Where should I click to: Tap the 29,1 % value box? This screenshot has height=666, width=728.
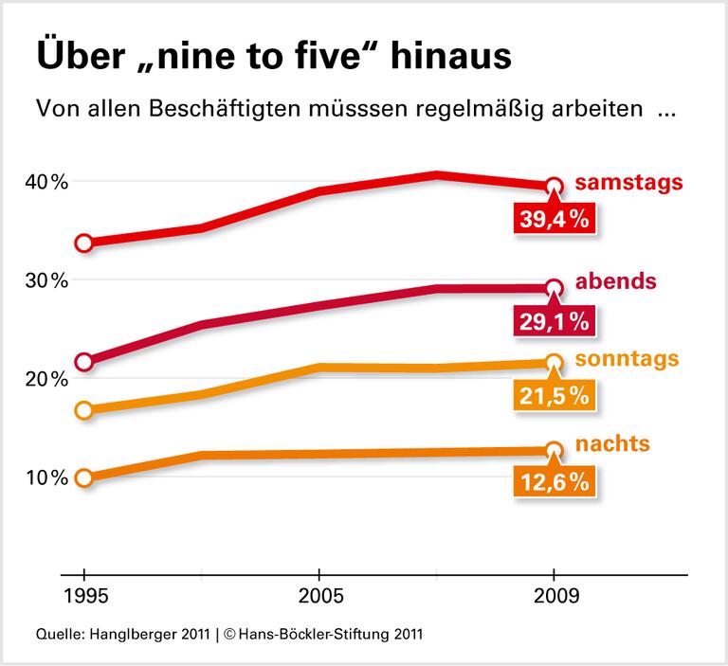pyautogui.click(x=555, y=321)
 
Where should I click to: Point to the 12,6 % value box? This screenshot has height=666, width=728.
pyautogui.click(x=555, y=482)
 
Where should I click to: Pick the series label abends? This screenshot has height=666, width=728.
pyautogui.click(x=617, y=282)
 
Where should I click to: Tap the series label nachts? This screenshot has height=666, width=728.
pyautogui.click(x=612, y=443)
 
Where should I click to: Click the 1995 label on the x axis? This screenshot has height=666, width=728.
pyautogui.click(x=84, y=599)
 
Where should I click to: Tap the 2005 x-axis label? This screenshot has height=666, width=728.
pyautogui.click(x=319, y=599)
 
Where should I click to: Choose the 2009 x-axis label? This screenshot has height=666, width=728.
pyautogui.click(x=554, y=599)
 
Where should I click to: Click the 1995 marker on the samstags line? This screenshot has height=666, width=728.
pyautogui.click(x=84, y=243)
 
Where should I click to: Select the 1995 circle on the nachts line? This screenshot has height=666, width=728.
pyautogui.click(x=84, y=478)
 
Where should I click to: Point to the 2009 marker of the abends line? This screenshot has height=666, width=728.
pyautogui.click(x=555, y=288)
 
